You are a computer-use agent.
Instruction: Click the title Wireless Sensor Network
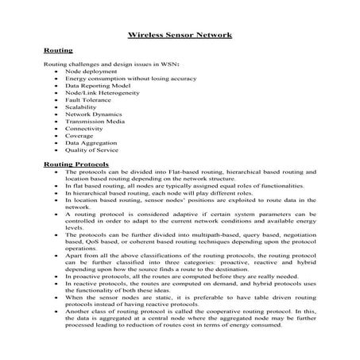[x=180, y=35]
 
